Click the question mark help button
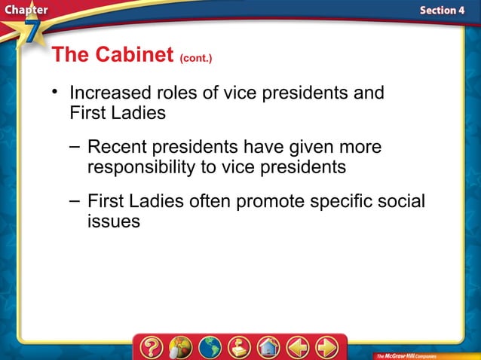click(151, 347)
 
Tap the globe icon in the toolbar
click(210, 347)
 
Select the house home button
click(268, 347)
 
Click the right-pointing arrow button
click(327, 347)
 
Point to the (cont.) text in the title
click(201, 57)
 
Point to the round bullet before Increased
click(55, 92)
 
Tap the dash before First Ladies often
click(73, 200)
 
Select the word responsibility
click(140, 167)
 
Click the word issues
click(113, 223)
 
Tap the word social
click(400, 202)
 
